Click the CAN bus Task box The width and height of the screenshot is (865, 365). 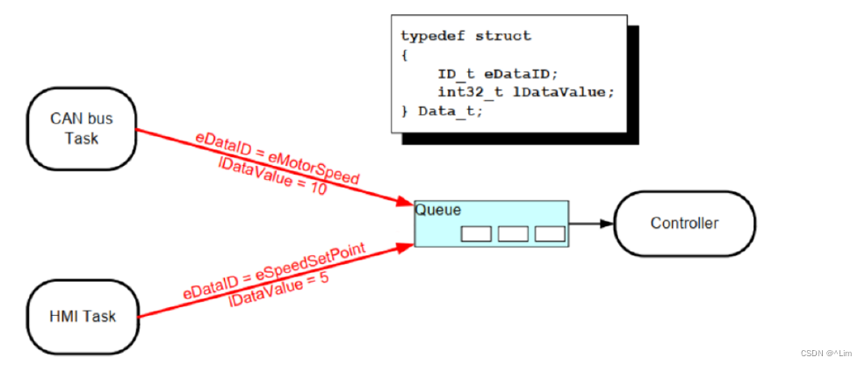pyautogui.click(x=82, y=129)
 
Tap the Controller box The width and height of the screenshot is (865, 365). pyautogui.click(x=684, y=223)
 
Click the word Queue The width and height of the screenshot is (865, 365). pyautogui.click(x=437, y=211)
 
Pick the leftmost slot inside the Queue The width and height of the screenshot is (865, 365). pyautogui.click(x=476, y=233)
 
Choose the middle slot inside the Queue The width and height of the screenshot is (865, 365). pyautogui.click(x=513, y=233)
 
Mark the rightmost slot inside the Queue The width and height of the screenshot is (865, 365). pyautogui.click(x=550, y=233)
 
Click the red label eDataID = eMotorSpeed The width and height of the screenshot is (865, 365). pyautogui.click(x=278, y=158)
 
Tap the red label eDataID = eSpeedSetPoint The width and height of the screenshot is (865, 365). pyautogui.click(x=274, y=271)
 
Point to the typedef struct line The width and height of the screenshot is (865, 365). pyautogui.click(x=465, y=36)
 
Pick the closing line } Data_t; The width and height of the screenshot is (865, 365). pyautogui.click(x=442, y=111)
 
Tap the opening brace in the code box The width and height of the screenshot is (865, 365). pyautogui.click(x=405, y=54)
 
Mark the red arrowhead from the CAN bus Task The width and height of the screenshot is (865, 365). pyautogui.click(x=406, y=203)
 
